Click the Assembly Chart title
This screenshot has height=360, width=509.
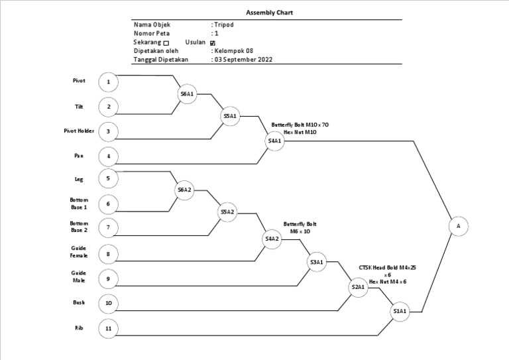[x=270, y=12]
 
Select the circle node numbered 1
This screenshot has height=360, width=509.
[x=108, y=82]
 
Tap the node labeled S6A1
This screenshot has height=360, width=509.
[x=187, y=94]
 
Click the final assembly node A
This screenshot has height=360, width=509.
[x=457, y=226]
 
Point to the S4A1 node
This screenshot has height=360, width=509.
[x=274, y=141]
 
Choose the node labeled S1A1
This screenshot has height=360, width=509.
[x=400, y=311]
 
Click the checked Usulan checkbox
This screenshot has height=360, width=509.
[x=212, y=42]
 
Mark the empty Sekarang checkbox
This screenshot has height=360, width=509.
[x=166, y=42]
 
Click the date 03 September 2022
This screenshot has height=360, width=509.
[x=242, y=59]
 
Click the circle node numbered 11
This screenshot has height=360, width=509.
[x=108, y=328]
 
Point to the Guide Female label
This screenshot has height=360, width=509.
[x=79, y=251]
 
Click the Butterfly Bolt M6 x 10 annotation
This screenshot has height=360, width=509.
[x=300, y=228]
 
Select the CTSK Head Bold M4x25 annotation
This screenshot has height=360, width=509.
[x=388, y=267]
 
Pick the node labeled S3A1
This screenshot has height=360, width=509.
[x=317, y=263]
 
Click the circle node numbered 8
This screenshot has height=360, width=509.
[x=108, y=253]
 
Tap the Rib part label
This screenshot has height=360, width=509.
[x=79, y=328]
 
